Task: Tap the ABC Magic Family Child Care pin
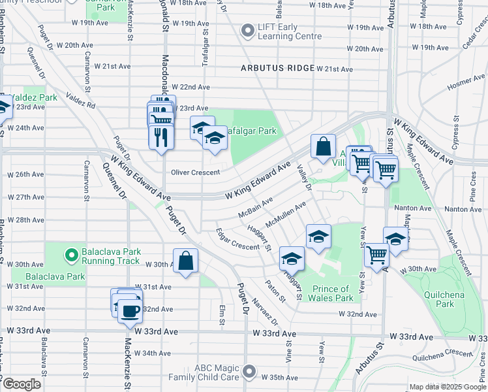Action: (x=248, y=372)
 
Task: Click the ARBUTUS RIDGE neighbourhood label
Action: (x=277, y=69)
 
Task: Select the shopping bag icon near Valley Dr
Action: (x=323, y=147)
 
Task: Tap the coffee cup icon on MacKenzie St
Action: (x=130, y=310)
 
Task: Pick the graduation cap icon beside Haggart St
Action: (x=292, y=259)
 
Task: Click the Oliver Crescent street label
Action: (x=195, y=172)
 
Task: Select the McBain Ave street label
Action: (x=255, y=208)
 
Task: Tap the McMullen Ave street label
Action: (x=290, y=212)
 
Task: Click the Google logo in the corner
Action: (x=22, y=385)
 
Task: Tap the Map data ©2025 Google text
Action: (x=447, y=387)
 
